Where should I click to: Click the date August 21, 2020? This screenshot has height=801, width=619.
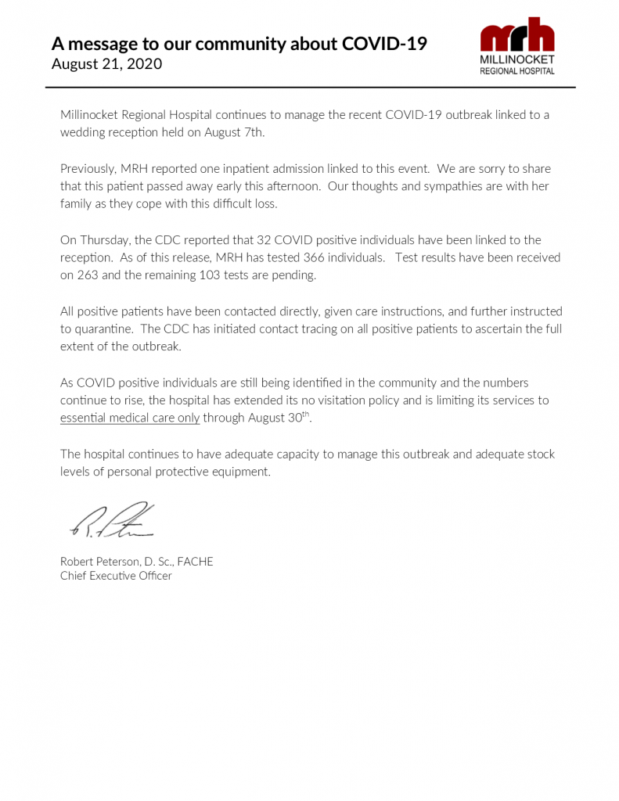(x=106, y=64)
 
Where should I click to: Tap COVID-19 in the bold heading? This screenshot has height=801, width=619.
(x=384, y=44)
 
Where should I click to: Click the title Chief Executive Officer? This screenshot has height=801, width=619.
(x=116, y=576)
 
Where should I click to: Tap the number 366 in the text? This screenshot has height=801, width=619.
(x=315, y=257)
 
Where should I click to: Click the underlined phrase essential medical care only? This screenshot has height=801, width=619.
(x=130, y=418)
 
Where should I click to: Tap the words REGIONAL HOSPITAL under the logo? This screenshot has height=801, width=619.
(x=516, y=70)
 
